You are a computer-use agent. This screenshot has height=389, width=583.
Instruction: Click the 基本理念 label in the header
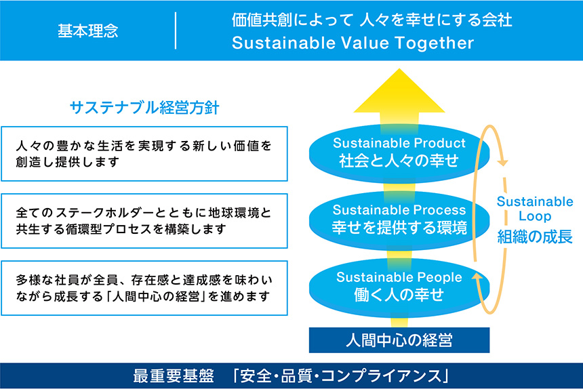pyautogui.click(x=87, y=31)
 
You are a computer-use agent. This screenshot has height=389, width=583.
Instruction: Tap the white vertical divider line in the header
pyautogui.click(x=176, y=31)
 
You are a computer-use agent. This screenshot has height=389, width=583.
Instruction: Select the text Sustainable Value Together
pyautogui.click(x=353, y=44)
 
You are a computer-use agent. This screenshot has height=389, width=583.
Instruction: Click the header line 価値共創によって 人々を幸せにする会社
pyautogui.click(x=371, y=20)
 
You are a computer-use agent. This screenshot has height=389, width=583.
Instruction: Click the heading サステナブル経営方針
pyautogui.click(x=144, y=108)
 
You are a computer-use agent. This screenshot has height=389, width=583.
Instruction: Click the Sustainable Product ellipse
pyautogui.click(x=399, y=152)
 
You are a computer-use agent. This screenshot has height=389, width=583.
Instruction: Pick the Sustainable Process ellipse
pyautogui.click(x=399, y=219)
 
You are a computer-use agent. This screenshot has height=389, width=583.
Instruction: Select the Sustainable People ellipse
pyautogui.click(x=399, y=285)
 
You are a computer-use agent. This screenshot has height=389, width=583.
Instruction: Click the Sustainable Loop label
pyautogui.click(x=535, y=209)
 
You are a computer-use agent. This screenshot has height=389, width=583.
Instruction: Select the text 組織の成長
pyautogui.click(x=535, y=237)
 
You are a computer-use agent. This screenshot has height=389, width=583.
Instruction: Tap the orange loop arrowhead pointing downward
pyautogui.click(x=502, y=162)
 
